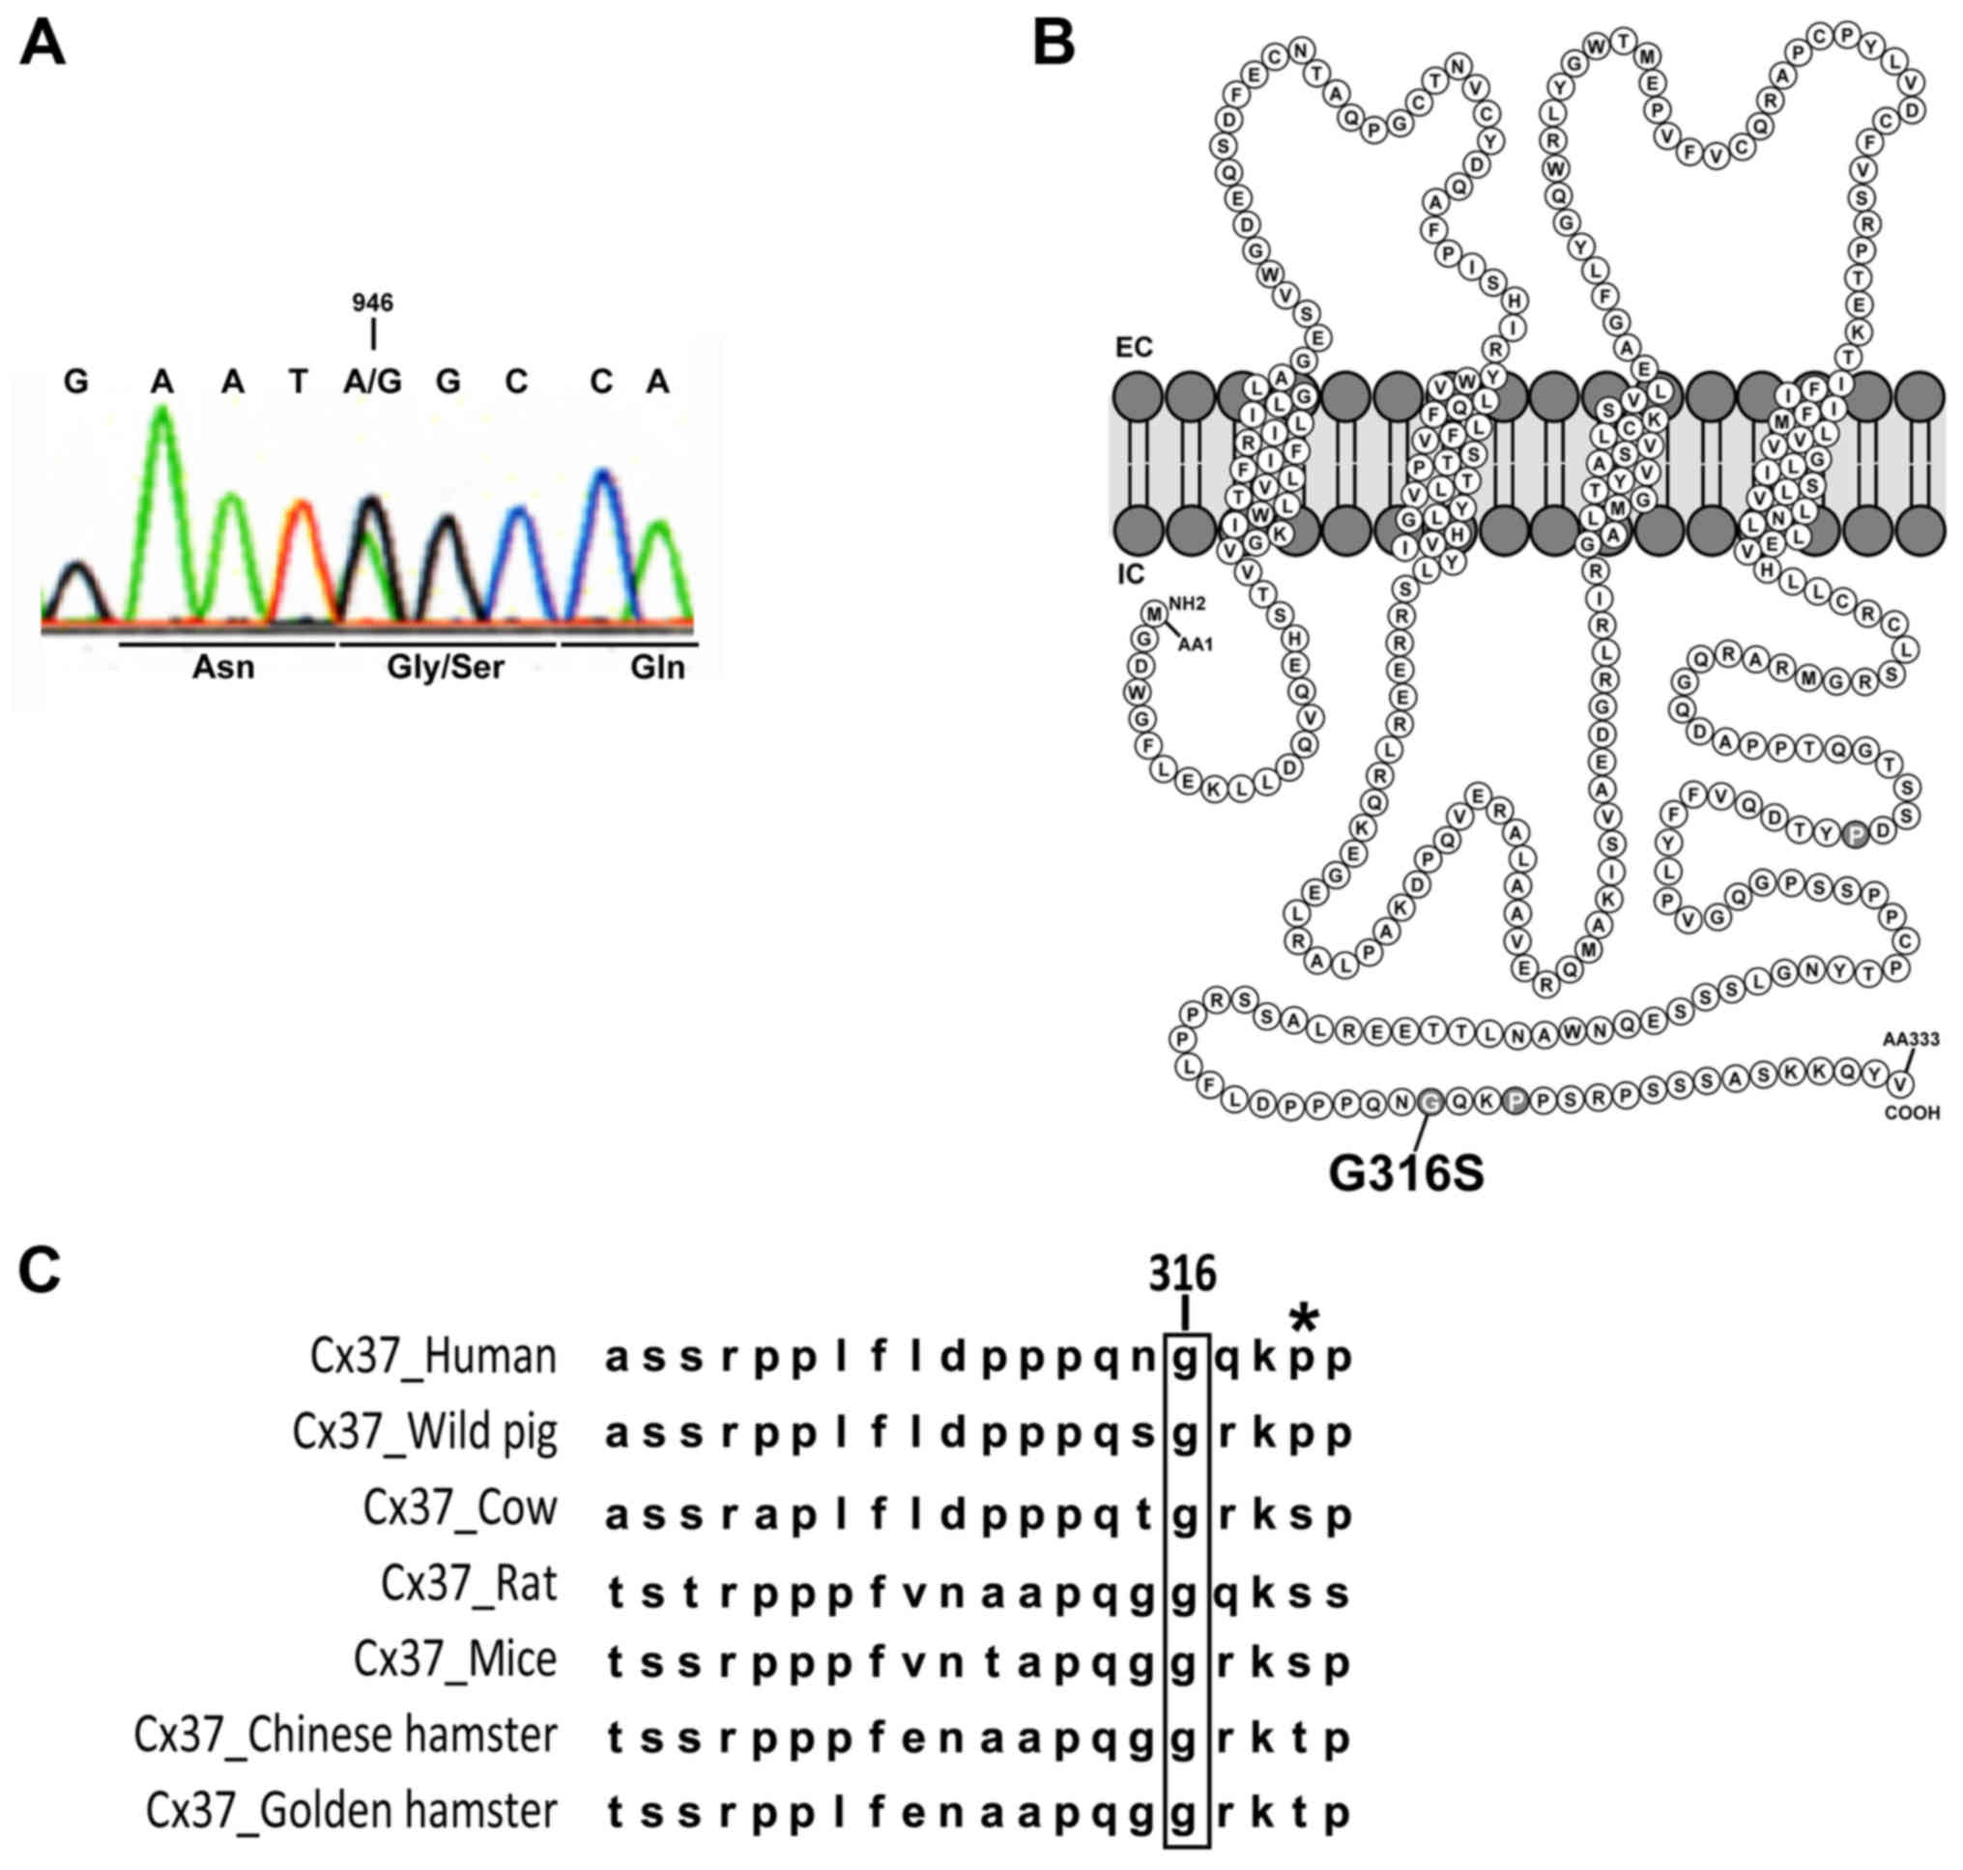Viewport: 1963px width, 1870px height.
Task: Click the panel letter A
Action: [42, 44]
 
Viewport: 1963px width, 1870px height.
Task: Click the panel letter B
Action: [1053, 44]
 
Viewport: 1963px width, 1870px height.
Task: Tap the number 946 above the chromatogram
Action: [372, 302]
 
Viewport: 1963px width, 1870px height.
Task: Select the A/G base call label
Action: [372, 382]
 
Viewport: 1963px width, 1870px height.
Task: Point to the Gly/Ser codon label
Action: [445, 667]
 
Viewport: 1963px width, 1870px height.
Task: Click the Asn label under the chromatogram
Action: [223, 667]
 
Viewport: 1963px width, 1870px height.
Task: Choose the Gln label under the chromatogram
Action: [657, 667]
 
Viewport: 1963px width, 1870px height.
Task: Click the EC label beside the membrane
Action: [1134, 347]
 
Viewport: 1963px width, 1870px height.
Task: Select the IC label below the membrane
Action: [1131, 574]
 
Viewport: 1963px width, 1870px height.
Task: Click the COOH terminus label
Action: [1911, 1112]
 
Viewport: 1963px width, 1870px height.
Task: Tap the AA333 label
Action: [1910, 1040]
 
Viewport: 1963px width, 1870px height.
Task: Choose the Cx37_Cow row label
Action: [460, 1509]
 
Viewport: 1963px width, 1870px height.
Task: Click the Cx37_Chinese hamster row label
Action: [345, 1736]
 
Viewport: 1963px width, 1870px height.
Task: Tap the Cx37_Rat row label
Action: [469, 1584]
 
